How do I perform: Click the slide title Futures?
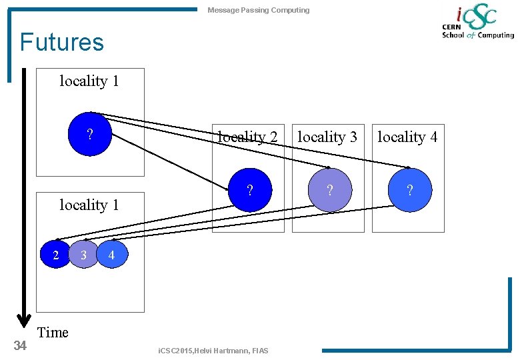(62, 42)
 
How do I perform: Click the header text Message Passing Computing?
(258, 10)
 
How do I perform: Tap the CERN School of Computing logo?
(477, 24)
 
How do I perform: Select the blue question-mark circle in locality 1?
(89, 135)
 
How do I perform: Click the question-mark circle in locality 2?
(249, 190)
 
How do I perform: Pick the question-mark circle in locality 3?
(329, 190)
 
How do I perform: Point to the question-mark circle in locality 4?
(409, 190)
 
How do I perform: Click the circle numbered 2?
(55, 255)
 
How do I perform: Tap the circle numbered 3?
(83, 255)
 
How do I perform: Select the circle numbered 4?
(111, 255)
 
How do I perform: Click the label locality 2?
(248, 137)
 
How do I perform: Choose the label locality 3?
(327, 137)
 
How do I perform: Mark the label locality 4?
(407, 137)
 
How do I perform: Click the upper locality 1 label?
(89, 81)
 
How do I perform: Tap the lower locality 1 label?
(89, 205)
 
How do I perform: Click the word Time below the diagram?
(53, 332)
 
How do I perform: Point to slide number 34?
(21, 345)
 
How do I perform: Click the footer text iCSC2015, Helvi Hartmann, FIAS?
(214, 351)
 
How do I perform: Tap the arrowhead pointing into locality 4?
(408, 167)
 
